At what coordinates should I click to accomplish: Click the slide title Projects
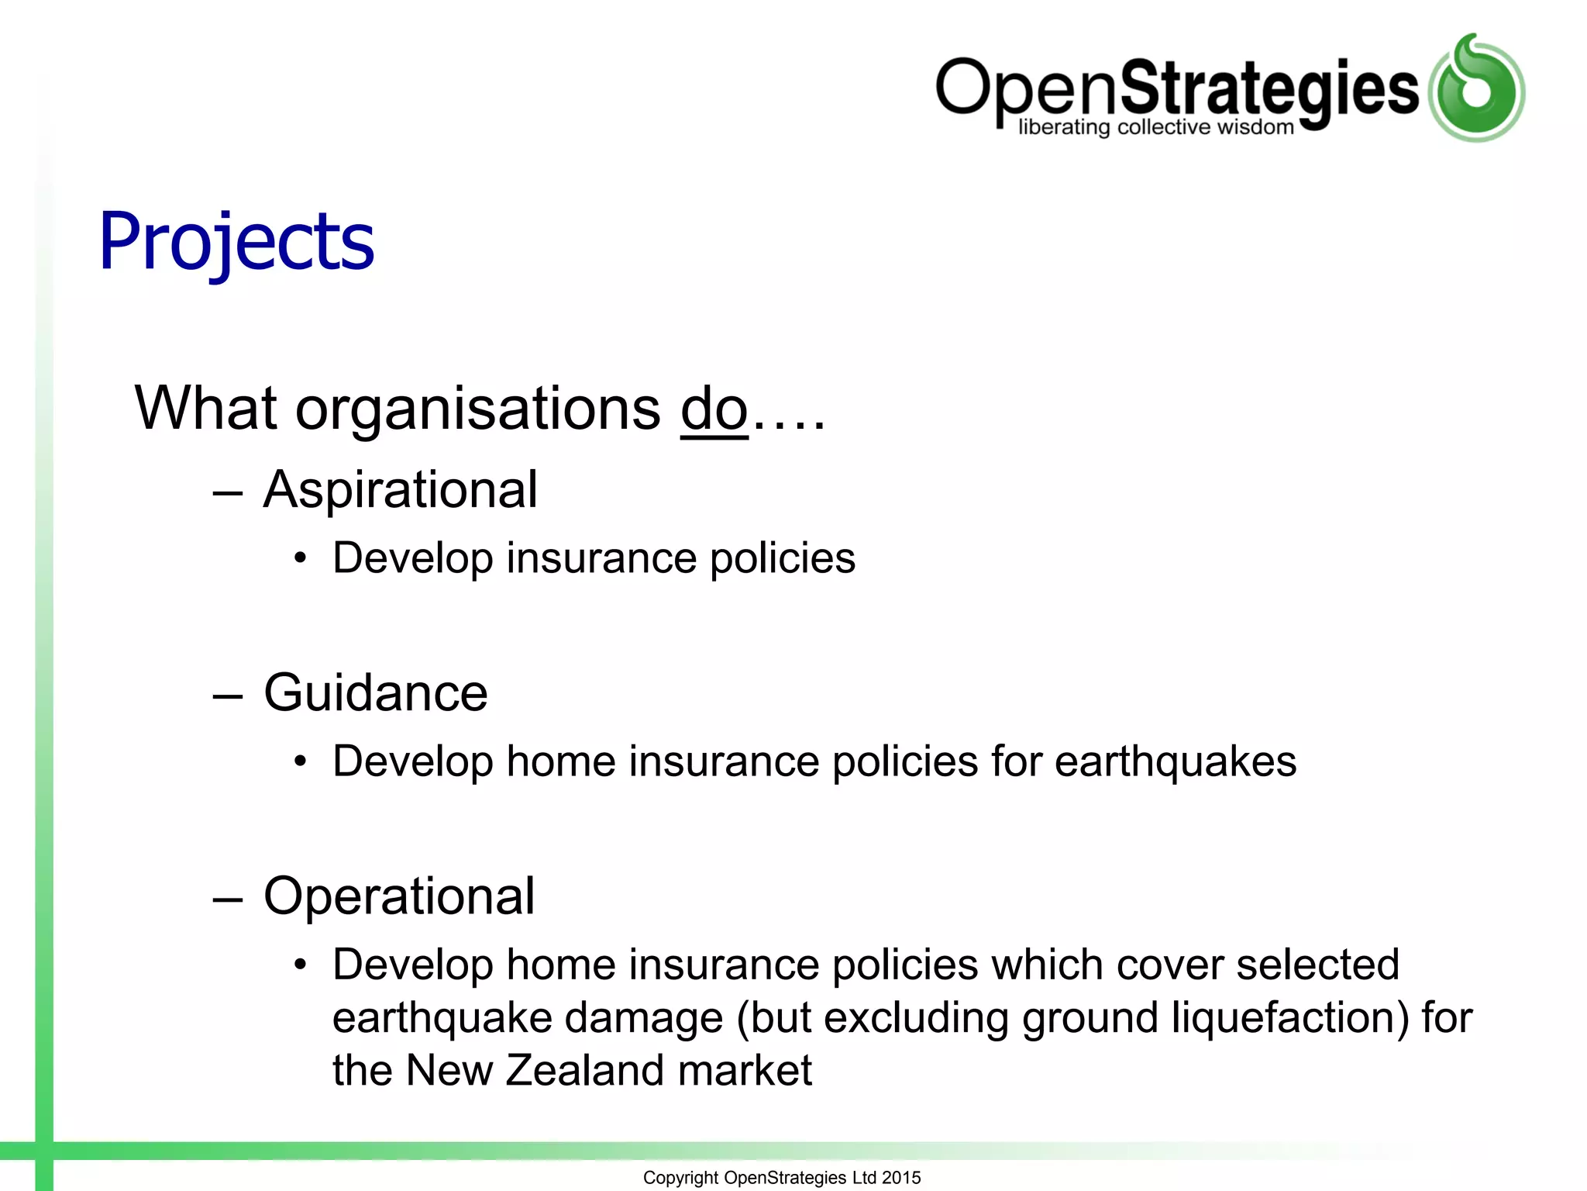(x=236, y=242)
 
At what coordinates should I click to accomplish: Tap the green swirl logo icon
(x=1476, y=88)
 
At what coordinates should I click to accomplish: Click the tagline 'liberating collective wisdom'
(x=1155, y=127)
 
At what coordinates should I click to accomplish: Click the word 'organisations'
(x=477, y=411)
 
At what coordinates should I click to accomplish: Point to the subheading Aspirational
(x=400, y=490)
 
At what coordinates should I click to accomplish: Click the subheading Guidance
(x=375, y=692)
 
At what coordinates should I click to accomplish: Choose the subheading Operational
(x=398, y=896)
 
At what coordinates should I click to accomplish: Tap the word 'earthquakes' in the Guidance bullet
(x=1175, y=762)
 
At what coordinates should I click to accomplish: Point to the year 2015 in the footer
(x=901, y=1178)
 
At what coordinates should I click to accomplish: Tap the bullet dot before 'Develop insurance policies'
(x=301, y=558)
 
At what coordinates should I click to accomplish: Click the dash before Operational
(x=228, y=898)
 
